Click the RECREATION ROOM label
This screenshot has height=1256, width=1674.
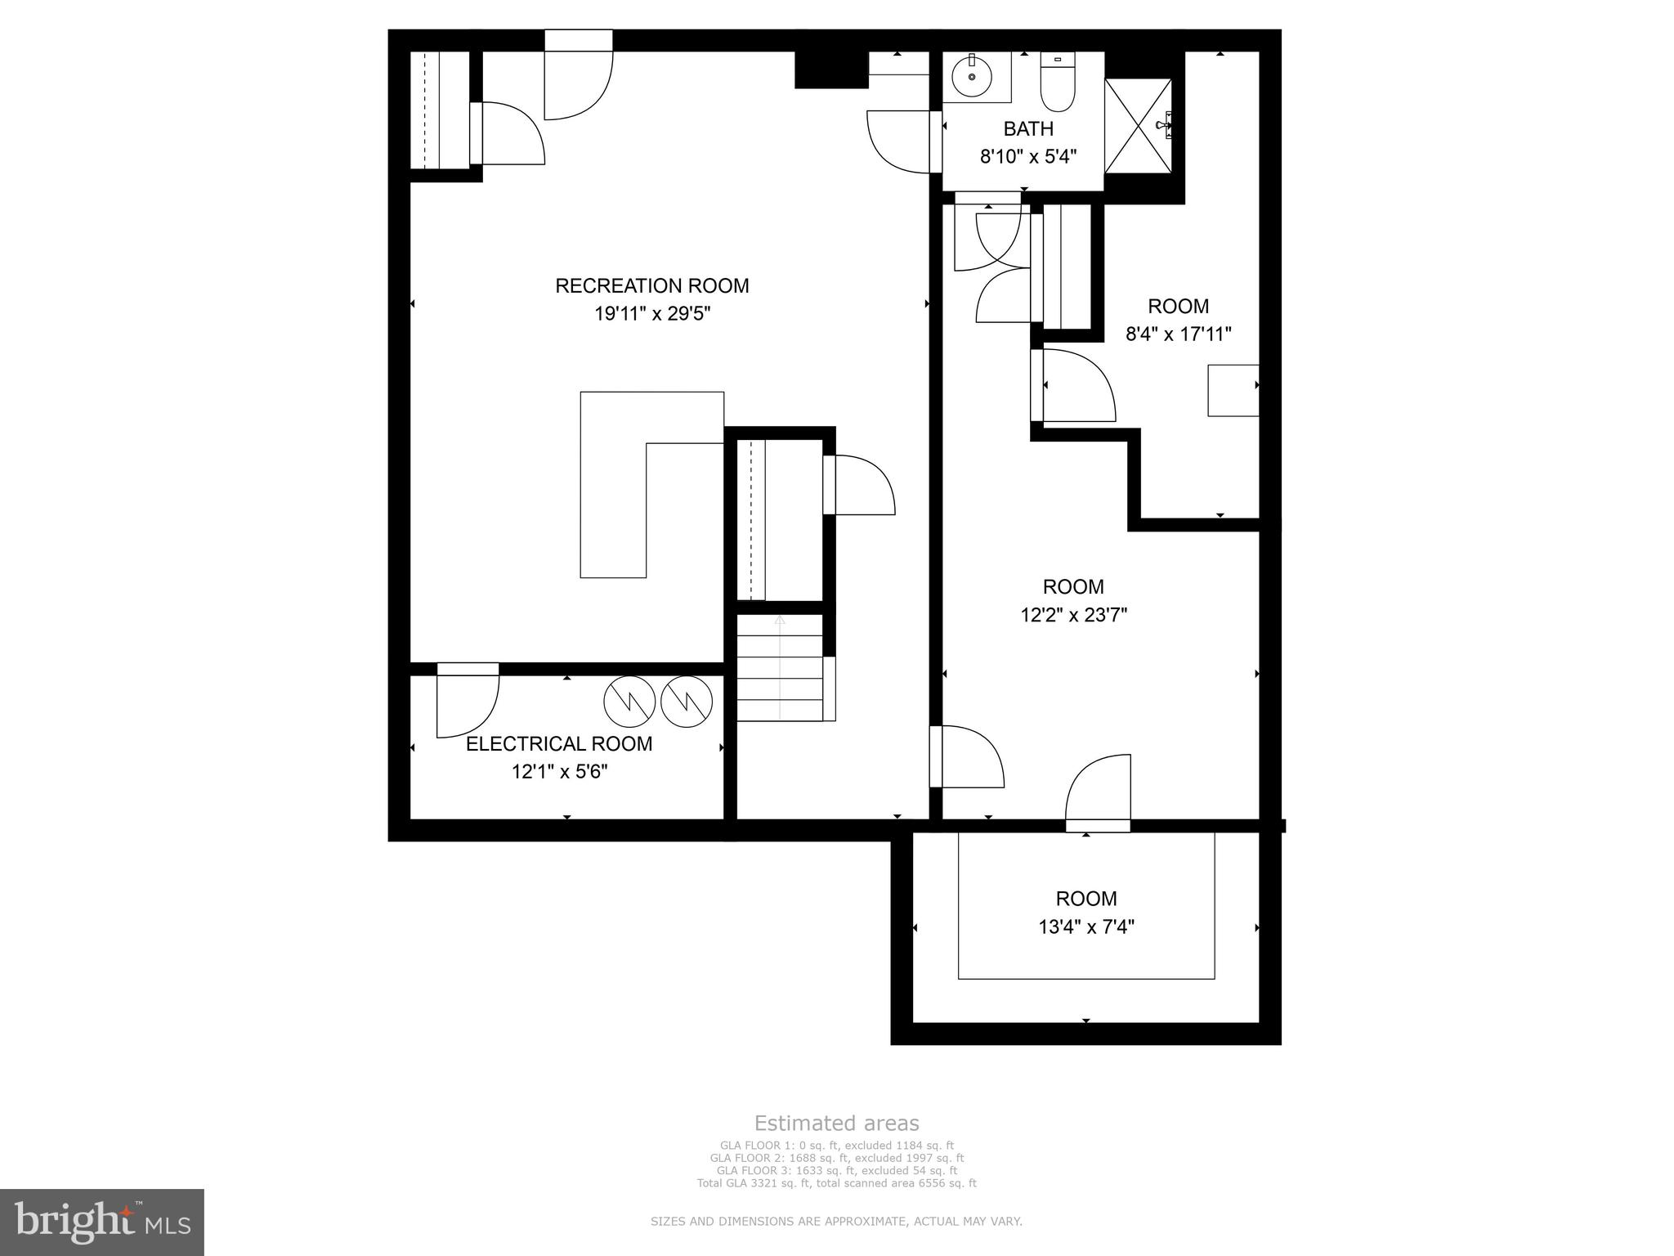click(x=651, y=285)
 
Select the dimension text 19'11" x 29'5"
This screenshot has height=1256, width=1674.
click(x=651, y=314)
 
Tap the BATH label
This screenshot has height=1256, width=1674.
click(x=1028, y=129)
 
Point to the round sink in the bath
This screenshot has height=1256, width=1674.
click(x=972, y=76)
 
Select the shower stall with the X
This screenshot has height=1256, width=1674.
click(x=1138, y=126)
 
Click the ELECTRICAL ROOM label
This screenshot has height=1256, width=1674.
click(x=559, y=744)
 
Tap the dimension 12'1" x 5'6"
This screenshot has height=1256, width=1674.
click(x=559, y=772)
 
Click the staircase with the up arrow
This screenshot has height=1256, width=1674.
click(x=780, y=669)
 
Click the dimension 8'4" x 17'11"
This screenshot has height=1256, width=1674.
click(x=1178, y=334)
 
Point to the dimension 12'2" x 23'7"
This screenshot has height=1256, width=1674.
click(x=1073, y=615)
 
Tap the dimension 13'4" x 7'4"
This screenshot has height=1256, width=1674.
click(x=1085, y=927)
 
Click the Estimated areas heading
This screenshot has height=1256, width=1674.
click(x=836, y=1124)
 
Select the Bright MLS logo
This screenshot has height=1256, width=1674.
click(x=101, y=1222)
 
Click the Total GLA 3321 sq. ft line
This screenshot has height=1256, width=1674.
click(x=836, y=1183)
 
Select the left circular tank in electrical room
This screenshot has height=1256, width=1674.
click(x=629, y=702)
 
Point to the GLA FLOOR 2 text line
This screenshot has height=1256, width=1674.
click(x=836, y=1158)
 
